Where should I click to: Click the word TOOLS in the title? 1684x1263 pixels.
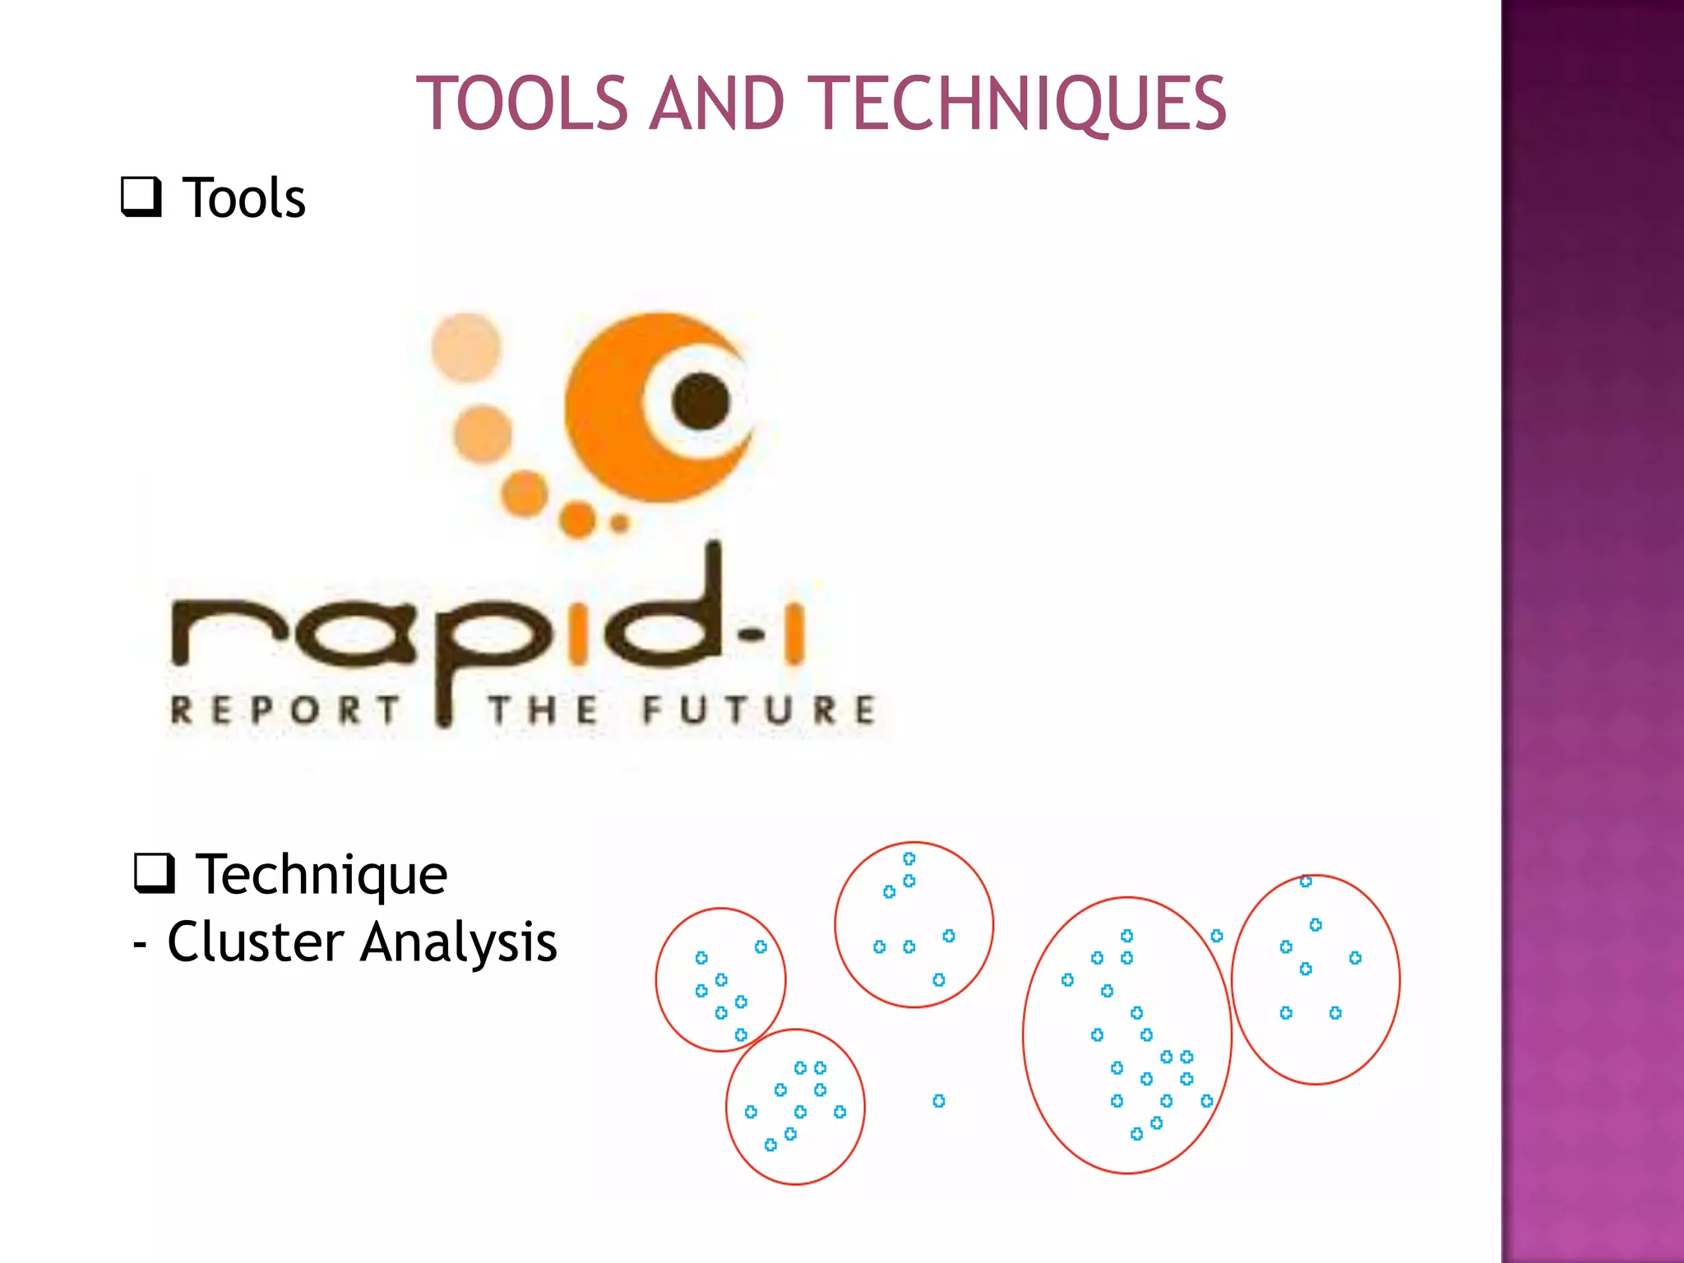tap(522, 104)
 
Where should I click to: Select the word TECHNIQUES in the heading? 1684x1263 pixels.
tap(1021, 104)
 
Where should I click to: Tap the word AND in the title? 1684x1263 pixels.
tap(716, 104)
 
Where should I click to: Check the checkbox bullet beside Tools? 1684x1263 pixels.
tap(141, 197)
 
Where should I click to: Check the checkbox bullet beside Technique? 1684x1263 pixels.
tap(155, 873)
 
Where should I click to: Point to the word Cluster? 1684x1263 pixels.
tap(256, 941)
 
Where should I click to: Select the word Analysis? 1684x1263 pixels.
tap(459, 941)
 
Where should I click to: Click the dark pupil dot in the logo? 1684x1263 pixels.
tap(701, 401)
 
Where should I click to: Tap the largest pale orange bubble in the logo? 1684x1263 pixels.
tap(466, 348)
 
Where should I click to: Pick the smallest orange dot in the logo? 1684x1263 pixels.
tap(620, 523)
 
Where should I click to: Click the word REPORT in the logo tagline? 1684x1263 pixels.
tap(285, 710)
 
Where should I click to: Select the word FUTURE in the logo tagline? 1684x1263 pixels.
tap(759, 710)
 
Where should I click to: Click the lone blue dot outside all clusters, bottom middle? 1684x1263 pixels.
tap(939, 1101)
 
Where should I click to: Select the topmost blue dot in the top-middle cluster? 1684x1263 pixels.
tap(909, 858)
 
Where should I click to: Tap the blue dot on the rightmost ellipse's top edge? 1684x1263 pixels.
tap(1306, 881)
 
